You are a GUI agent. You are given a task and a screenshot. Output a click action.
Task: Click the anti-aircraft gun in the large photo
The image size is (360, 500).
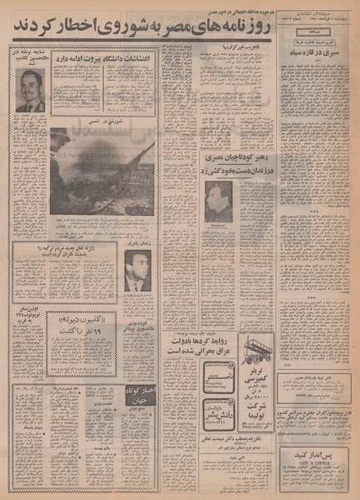(x=125, y=167)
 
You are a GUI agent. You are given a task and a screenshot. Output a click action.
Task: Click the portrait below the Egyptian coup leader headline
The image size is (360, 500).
(x=218, y=202)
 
